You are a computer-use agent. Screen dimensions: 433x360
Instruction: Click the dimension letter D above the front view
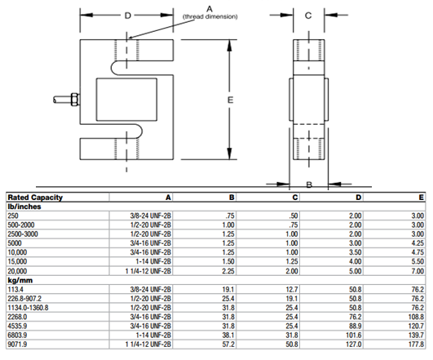coord(127,16)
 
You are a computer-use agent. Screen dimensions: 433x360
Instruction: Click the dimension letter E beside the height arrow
coord(230,100)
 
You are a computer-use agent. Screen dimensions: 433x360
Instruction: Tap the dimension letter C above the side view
coord(308,16)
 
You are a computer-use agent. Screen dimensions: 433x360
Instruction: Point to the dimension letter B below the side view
coord(309,184)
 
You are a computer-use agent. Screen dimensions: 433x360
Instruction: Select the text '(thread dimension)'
coord(210,16)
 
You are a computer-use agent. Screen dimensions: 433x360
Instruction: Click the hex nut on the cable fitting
coord(75,100)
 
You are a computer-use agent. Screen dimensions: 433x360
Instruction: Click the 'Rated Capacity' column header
coord(35,198)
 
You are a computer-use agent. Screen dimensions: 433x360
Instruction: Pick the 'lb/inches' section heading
coord(24,207)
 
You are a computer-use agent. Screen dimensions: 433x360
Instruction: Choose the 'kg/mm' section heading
coord(20,280)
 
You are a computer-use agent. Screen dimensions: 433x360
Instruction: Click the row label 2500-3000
coord(23,234)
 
